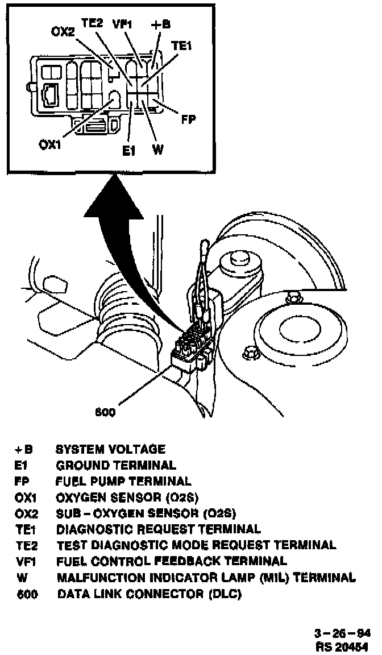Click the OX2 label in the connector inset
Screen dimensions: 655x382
63,32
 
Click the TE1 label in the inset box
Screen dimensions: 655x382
181,48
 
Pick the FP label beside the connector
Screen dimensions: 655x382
188,119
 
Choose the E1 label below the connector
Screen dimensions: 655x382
129,151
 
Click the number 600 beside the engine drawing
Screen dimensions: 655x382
105,412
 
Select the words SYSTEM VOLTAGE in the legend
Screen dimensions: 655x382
110,449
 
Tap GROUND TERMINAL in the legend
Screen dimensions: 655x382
116,465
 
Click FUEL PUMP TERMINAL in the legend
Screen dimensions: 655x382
123,482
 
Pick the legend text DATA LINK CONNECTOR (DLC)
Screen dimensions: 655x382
150,595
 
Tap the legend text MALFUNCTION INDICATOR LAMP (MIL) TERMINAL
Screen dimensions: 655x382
206,578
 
